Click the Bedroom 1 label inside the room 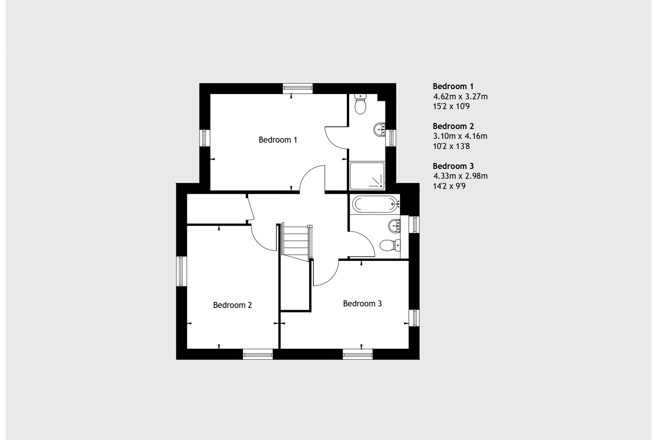pos(278,140)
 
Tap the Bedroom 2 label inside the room pos(232,305)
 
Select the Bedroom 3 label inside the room pos(362,303)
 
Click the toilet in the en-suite pos(360,104)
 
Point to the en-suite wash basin pos(380,130)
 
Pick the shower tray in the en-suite pos(367,176)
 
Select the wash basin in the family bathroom pos(394,225)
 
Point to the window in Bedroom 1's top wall pos(297,88)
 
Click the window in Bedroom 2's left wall pos(181,271)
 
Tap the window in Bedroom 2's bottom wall pos(258,355)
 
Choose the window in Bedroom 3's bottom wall pos(357,355)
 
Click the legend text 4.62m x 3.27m pos(460,97)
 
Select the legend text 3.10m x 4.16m pos(460,136)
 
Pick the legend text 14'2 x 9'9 pos(449,186)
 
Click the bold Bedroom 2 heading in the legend pos(453,126)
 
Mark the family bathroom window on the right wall pos(414,224)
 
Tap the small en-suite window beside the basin pos(391,138)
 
